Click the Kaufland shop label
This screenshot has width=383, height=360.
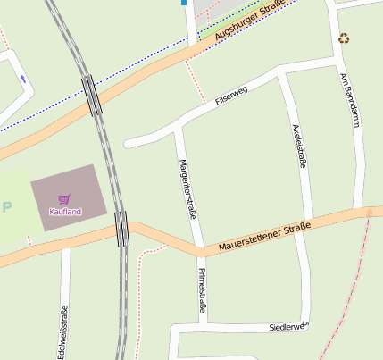pos(65,212)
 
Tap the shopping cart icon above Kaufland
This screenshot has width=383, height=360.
pos(64,199)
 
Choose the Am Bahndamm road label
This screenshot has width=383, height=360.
pos(350,98)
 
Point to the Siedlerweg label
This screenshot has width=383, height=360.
pos(287,328)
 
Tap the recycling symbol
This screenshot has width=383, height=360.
pos(344,38)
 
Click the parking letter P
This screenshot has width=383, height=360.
pos(8,207)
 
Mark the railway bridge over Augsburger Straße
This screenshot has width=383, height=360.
pos(92,95)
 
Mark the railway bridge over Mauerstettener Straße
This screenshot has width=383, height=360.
pos(122,228)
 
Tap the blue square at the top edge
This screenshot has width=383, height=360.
pos(184,3)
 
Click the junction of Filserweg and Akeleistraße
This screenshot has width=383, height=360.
pos(282,74)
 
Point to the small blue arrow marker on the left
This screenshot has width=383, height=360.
pos(23,80)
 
